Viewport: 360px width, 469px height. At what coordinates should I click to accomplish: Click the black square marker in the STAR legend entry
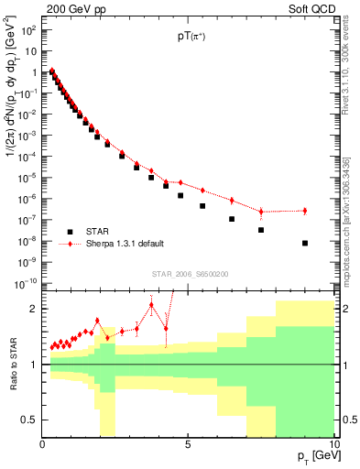coord(70,231)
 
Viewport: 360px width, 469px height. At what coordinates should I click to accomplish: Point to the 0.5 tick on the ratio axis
coord(30,420)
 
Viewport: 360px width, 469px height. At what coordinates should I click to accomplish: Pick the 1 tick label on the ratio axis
coord(35,365)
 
